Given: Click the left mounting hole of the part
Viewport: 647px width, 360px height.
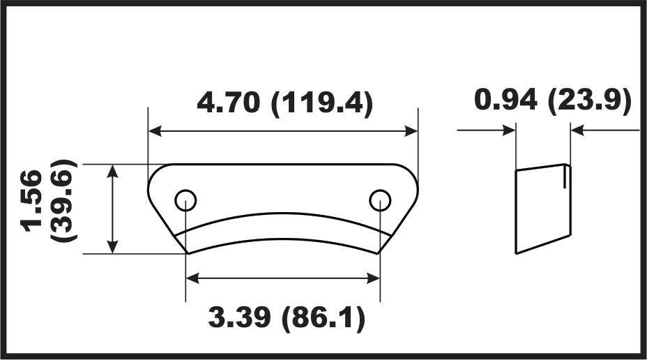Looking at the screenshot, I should pos(185,201).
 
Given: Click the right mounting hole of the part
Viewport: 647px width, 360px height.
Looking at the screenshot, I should pos(380,201).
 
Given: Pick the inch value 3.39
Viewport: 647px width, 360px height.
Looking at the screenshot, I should pos(240,319).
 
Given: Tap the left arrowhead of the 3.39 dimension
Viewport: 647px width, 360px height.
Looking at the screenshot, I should pos(193,278).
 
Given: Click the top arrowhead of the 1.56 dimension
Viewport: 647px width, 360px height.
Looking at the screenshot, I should pos(112,172).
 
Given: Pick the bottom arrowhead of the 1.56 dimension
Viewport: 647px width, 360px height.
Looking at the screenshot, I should pos(112,246).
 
